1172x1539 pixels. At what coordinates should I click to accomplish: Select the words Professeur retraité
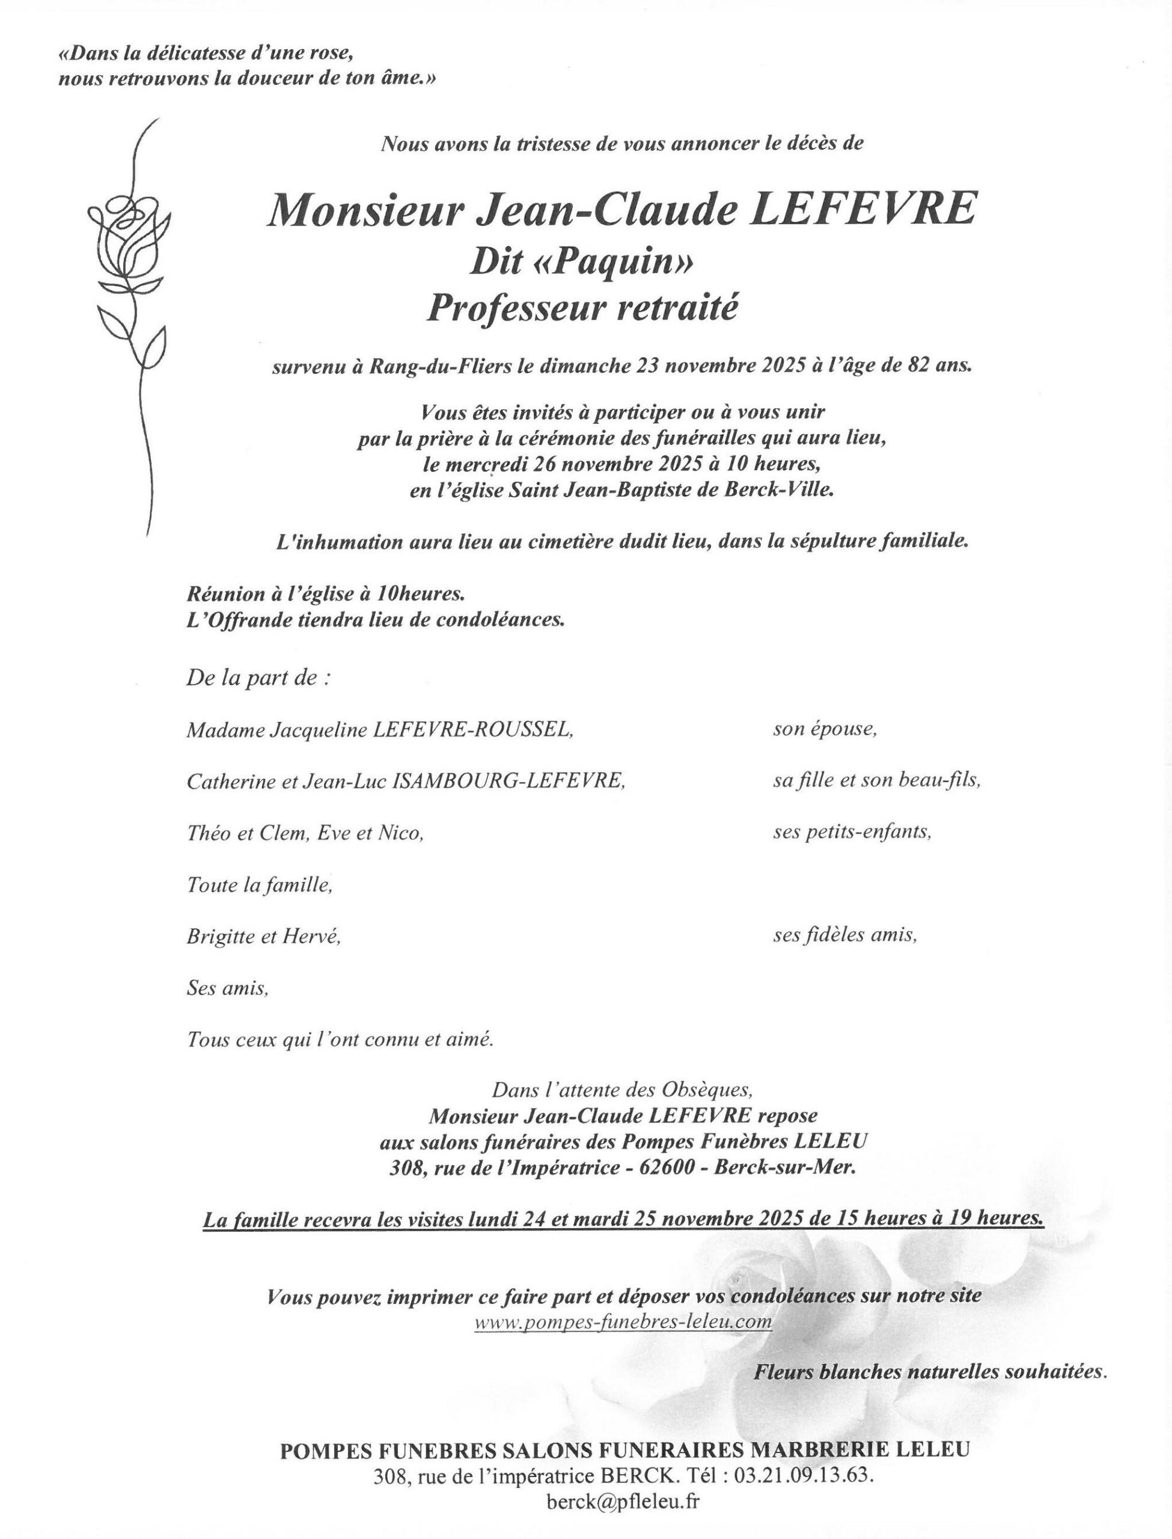(582, 308)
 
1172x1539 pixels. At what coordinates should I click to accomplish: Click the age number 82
(911, 366)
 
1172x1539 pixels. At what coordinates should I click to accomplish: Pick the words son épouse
(825, 730)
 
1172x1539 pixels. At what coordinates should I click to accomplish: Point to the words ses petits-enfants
(852, 832)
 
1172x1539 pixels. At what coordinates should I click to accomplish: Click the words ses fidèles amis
(845, 935)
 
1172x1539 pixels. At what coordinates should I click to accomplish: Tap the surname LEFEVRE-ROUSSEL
(474, 730)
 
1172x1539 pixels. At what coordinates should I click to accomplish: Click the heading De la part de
(257, 678)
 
